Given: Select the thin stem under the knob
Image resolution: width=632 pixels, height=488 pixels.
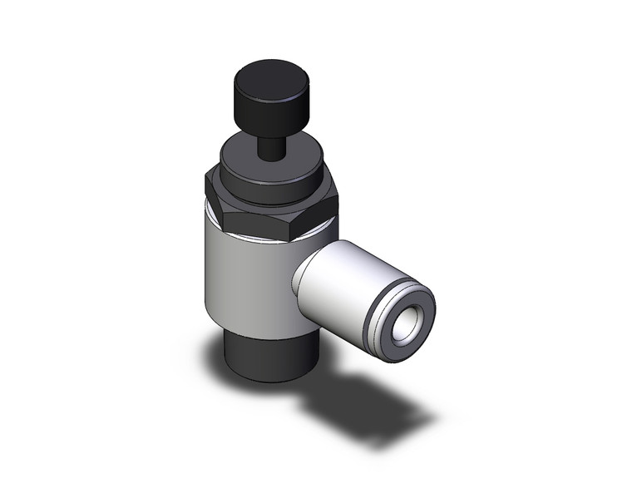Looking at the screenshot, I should [269, 147].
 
